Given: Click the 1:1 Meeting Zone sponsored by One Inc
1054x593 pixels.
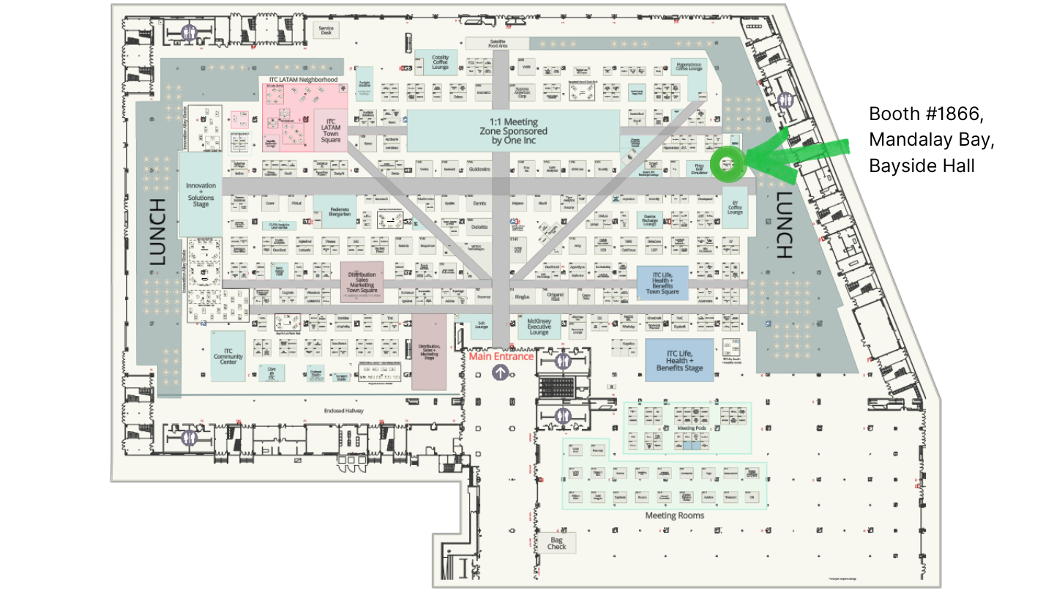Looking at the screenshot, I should click(x=513, y=131).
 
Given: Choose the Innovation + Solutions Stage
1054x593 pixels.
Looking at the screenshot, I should click(x=201, y=195).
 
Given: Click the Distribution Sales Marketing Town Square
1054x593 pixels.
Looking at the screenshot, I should click(x=362, y=281).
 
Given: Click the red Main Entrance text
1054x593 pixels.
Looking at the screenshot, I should click(x=501, y=357).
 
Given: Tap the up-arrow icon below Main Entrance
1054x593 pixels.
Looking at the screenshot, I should click(x=501, y=372).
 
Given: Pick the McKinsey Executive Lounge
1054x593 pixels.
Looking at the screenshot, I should click(x=538, y=327).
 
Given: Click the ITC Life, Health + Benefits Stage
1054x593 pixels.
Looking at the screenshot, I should click(x=679, y=360).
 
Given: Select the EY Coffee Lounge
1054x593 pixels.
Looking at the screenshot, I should click(x=734, y=207).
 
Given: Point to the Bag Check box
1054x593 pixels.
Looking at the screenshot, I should click(x=557, y=543).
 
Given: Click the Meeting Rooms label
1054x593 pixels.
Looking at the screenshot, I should click(x=674, y=515).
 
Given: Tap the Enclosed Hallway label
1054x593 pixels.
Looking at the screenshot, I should click(x=344, y=411).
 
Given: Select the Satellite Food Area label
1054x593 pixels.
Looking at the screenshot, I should click(x=508, y=43).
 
